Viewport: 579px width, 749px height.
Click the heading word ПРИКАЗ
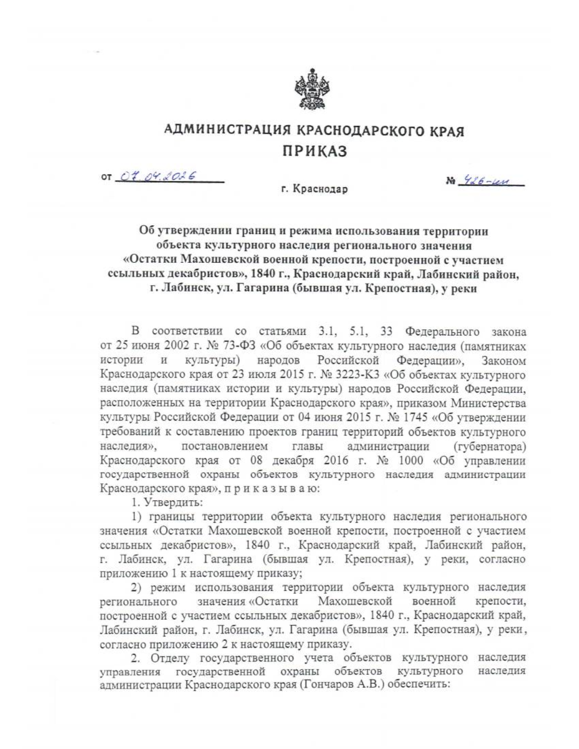(x=314, y=151)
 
